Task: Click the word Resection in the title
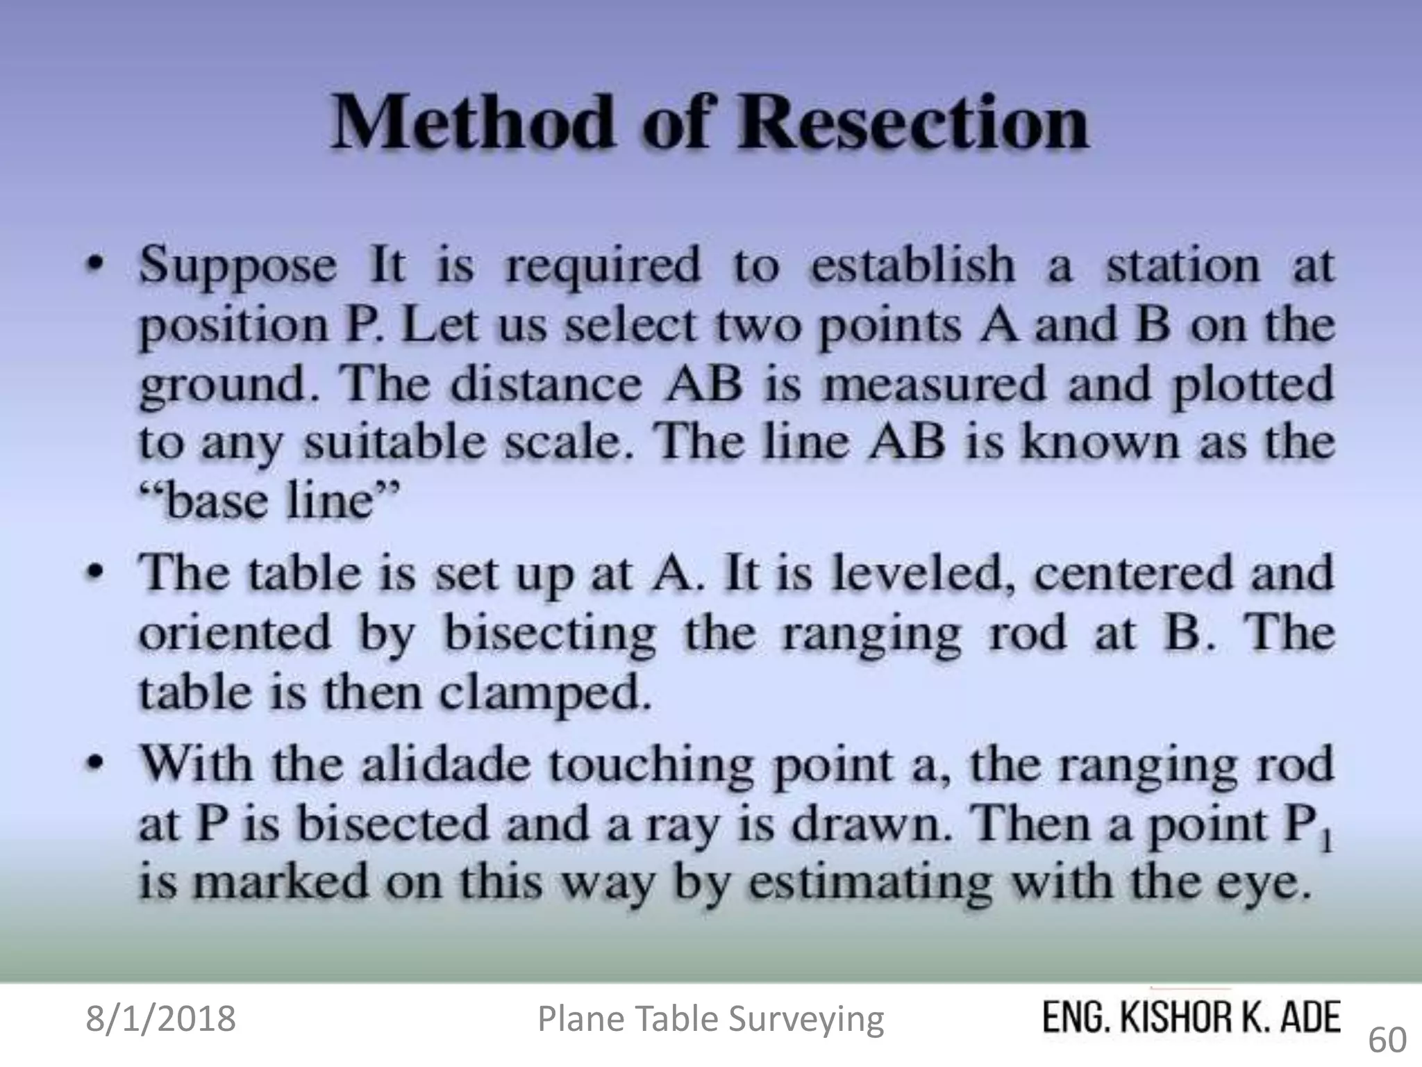pyautogui.click(x=912, y=123)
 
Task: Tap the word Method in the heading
pyautogui.click(x=472, y=123)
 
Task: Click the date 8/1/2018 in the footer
pyautogui.click(x=160, y=1018)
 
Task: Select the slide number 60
pyautogui.click(x=1387, y=1040)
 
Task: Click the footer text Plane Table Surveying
pyautogui.click(x=711, y=1019)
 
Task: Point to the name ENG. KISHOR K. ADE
pyautogui.click(x=1191, y=1018)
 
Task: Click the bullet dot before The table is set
pyautogui.click(x=100, y=572)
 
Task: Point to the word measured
pyautogui.click(x=935, y=384)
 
